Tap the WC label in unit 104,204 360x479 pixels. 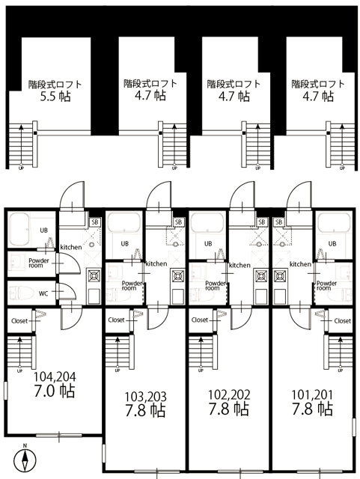43,294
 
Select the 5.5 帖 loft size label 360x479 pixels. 55,97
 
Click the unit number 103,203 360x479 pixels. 145,397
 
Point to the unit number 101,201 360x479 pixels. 312,395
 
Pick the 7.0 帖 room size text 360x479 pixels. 55,391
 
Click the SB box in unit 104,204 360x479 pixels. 95,222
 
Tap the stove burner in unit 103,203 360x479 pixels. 177,276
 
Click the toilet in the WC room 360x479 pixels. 21,293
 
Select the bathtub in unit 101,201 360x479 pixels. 334,222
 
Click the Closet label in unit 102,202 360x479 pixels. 200,320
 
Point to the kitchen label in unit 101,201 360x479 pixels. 300,264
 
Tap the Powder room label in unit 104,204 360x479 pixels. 38,263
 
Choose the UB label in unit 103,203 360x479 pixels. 124,244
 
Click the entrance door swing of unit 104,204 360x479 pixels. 72,195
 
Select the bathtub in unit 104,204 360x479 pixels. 19,230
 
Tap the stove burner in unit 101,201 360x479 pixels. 279,276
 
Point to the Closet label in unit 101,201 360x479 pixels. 343,321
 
